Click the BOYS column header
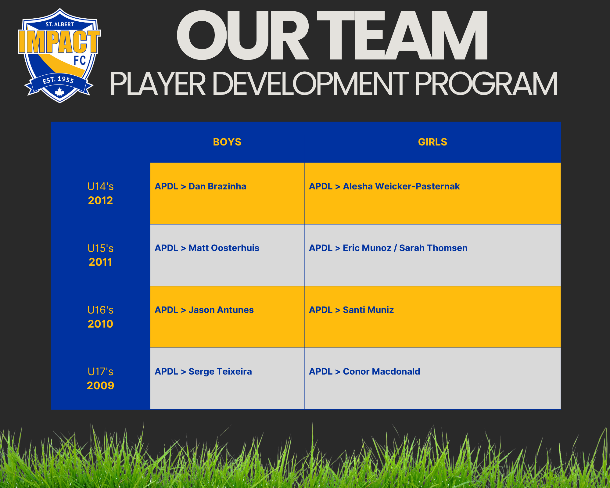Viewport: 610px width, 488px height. [227, 142]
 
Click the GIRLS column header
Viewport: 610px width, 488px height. [432, 142]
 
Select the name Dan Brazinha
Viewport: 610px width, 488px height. [217, 186]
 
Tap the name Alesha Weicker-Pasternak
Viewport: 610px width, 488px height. [401, 186]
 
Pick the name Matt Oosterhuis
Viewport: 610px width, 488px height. [224, 248]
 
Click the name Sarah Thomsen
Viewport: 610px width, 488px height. [433, 248]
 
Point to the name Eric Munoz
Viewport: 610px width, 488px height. [367, 248]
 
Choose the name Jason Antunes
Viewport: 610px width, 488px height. [221, 310]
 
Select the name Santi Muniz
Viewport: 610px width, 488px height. [368, 310]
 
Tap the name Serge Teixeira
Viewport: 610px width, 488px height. [220, 371]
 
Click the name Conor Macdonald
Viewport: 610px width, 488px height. [381, 371]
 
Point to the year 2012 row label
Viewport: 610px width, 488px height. [100, 200]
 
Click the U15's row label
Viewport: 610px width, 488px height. [100, 248]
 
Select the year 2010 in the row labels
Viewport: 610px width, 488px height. [100, 324]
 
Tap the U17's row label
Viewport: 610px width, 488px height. [100, 371]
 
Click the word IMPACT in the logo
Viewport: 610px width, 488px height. [59, 42]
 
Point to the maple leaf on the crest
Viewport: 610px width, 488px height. [59, 91]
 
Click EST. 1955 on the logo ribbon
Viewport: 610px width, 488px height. [58, 80]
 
